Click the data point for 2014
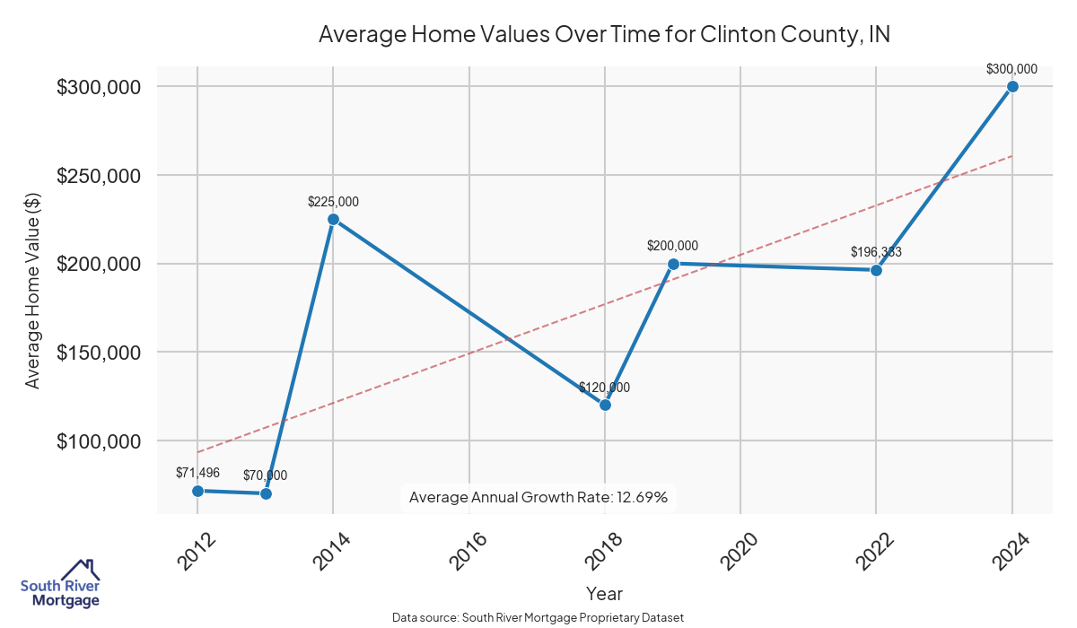333,219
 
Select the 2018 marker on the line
605,405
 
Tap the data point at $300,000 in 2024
1012,86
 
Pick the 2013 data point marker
266,493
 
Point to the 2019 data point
673,264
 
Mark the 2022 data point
877,270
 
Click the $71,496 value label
198,472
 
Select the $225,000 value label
333,203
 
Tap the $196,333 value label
876,252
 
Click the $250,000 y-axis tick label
98,176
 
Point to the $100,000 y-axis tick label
98,441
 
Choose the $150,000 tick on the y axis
98,353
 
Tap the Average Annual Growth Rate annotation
538,497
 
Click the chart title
604,35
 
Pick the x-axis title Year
604,593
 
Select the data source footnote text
538,617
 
